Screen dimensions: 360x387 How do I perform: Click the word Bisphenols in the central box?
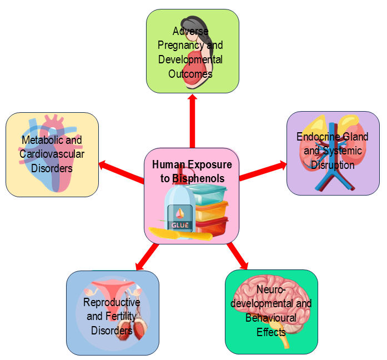pos(198,178)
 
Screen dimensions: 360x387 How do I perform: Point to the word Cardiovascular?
pos(52,154)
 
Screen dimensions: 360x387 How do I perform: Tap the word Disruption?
pos(333,165)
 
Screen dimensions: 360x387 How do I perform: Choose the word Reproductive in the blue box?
pos(112,302)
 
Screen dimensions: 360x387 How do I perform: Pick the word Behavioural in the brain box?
pos(270,318)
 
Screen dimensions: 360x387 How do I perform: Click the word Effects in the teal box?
pos(271,332)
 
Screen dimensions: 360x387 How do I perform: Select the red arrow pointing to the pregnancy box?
pos(192,120)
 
